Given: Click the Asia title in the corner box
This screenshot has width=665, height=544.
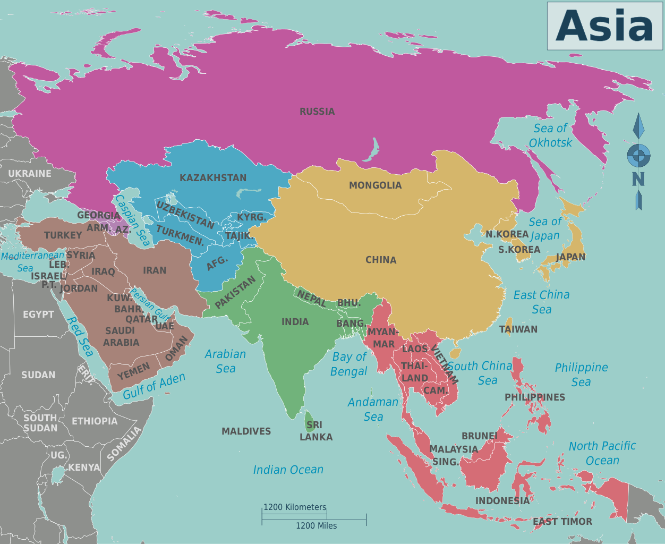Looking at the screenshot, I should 604,26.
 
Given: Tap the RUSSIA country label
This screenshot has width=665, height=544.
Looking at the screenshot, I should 317,112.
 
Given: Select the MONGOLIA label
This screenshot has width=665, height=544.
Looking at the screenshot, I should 375,185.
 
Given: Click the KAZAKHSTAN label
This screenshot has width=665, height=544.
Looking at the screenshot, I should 213,178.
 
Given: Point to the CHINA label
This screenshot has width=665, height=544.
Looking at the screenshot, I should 381,260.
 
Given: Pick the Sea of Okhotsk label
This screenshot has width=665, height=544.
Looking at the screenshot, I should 550,135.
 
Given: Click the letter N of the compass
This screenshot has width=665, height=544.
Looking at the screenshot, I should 638,180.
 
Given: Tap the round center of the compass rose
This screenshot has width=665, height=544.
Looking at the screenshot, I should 638,156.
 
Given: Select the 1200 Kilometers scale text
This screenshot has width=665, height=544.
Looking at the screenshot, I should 295,507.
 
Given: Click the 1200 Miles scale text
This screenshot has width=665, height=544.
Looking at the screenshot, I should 316,526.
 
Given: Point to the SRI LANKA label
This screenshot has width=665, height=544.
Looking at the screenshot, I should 316,431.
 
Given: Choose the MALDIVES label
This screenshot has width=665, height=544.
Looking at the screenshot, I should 246,431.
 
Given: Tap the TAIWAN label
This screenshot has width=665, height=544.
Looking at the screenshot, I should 518,329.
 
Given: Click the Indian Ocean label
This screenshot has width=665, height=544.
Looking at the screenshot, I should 288,470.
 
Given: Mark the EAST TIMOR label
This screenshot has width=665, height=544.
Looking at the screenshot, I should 562,522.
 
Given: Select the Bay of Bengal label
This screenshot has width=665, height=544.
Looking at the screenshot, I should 348,364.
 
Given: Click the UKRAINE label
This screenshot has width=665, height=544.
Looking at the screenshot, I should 30,174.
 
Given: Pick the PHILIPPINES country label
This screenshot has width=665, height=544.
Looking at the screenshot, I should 534,397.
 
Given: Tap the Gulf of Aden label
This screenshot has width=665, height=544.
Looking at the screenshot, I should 154,386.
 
